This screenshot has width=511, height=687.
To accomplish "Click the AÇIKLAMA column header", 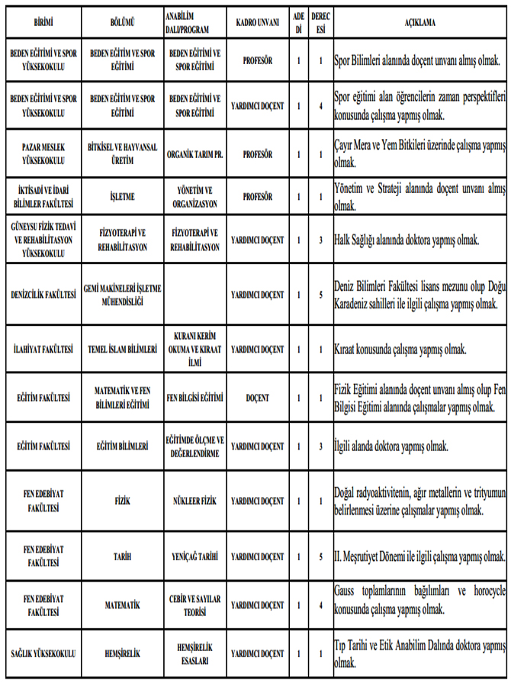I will (420, 22).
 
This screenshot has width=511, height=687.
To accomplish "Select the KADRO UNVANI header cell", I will (256, 22).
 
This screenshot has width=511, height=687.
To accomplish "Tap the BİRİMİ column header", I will (43, 22).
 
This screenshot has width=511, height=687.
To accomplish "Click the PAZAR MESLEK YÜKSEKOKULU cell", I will (43, 153).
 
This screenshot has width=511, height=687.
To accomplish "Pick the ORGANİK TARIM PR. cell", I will (194, 153).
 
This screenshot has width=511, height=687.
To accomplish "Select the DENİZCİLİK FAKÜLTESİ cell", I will (43, 295).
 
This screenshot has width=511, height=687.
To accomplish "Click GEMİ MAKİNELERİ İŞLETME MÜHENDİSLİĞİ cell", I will (122, 295).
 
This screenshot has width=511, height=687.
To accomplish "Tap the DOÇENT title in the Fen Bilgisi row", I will (256, 398).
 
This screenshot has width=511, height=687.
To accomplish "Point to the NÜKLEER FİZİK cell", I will (194, 501).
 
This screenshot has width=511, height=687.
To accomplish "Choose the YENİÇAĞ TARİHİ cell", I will (194, 556).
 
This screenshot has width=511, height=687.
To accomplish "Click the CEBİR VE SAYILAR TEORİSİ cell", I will (194, 605).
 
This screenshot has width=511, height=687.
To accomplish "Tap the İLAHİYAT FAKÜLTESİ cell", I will (43, 349).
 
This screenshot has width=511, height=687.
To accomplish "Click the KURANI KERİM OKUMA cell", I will (194, 349).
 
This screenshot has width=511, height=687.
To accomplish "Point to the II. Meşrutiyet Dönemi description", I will (419, 556).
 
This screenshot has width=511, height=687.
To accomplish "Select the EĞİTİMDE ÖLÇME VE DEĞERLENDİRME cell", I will (194, 446).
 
